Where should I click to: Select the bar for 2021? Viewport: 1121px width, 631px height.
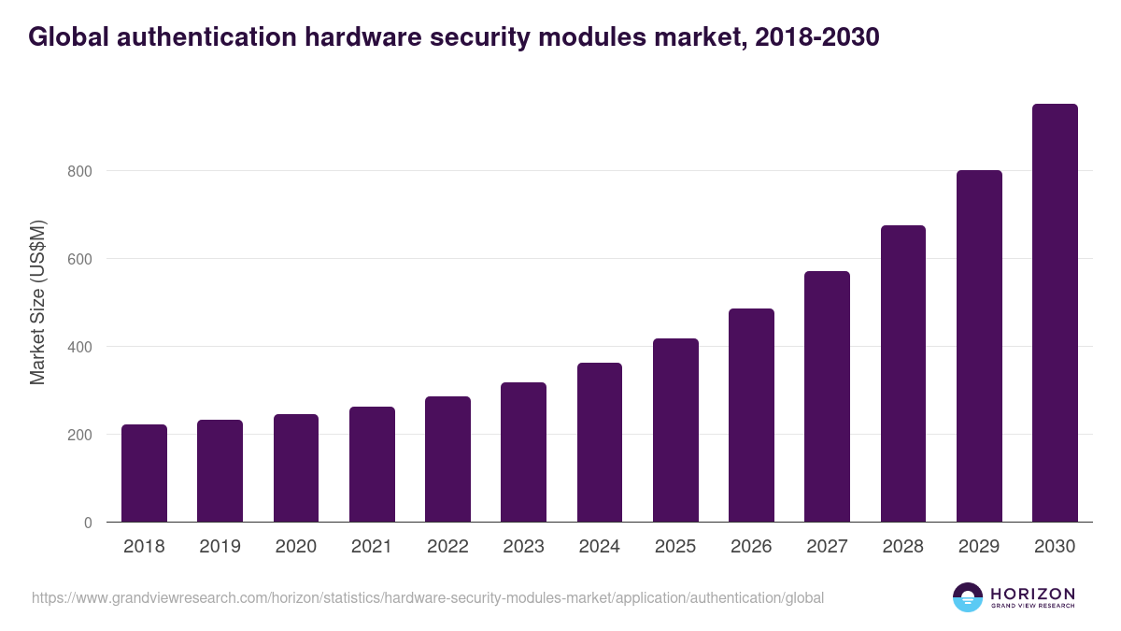tap(372, 465)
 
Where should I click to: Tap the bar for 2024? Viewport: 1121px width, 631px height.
tap(600, 442)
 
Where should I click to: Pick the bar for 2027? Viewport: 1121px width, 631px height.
tap(828, 396)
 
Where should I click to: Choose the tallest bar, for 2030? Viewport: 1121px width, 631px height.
tap(1055, 313)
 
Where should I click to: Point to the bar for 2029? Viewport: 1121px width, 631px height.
tap(979, 346)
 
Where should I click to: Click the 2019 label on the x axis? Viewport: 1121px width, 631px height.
tap(220, 547)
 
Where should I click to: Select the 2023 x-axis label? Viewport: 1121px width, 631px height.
tap(524, 547)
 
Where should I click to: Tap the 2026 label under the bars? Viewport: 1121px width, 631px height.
tap(752, 547)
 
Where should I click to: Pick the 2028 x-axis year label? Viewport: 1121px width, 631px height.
tap(903, 547)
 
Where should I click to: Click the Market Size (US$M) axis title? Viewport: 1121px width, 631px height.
tap(37, 303)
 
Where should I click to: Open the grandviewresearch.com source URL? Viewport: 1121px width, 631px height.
tap(428, 597)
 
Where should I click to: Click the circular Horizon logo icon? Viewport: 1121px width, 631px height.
tap(968, 597)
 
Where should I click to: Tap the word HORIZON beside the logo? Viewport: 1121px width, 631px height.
tap(1032, 593)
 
